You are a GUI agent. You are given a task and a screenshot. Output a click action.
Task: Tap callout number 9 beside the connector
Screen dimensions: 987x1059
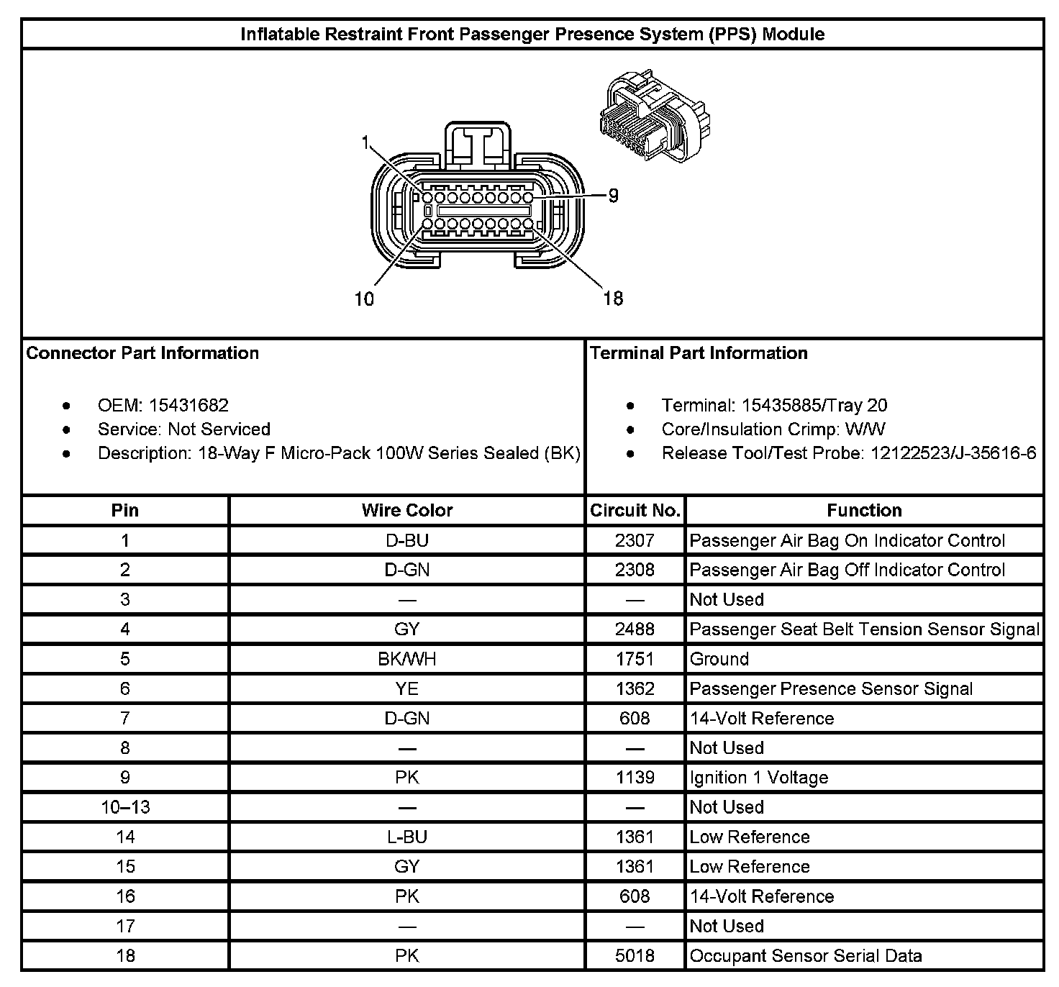pos(613,196)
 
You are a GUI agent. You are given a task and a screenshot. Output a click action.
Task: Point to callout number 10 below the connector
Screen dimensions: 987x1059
pos(365,299)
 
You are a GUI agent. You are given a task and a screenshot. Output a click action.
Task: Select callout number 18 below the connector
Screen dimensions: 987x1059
pos(613,299)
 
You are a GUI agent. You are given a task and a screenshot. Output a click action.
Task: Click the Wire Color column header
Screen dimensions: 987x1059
pos(407,511)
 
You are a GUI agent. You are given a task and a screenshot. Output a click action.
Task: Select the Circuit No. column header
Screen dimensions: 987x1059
pos(635,511)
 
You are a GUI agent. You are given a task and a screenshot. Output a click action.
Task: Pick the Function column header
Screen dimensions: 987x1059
pos(864,511)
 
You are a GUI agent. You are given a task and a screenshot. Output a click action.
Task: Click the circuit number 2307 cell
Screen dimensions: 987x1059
pos(635,541)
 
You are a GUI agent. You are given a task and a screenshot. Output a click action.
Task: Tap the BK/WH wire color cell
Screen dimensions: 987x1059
pos(407,659)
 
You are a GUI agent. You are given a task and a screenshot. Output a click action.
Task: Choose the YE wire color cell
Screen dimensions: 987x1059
pos(407,689)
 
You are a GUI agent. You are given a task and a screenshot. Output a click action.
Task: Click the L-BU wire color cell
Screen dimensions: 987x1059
pos(407,837)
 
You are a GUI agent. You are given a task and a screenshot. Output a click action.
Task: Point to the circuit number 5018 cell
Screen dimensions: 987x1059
pos(635,956)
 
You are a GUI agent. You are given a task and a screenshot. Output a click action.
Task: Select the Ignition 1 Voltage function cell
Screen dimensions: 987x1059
pos(759,778)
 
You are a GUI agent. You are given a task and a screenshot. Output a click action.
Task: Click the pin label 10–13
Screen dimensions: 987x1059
pos(125,807)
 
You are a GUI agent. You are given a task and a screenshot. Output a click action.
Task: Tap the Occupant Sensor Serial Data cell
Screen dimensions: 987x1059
pos(806,956)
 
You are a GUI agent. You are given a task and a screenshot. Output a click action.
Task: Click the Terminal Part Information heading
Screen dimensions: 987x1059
pos(699,353)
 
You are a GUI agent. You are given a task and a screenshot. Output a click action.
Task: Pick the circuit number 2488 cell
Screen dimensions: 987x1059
pos(635,629)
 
